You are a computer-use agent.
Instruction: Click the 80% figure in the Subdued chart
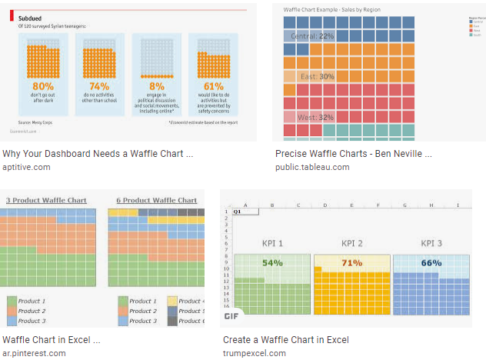43,86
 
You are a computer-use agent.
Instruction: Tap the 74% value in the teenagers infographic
99,86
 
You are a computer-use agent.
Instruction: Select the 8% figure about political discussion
156,86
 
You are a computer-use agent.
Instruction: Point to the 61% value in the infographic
213,86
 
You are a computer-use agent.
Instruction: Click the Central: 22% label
312,36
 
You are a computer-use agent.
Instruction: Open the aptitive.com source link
26,167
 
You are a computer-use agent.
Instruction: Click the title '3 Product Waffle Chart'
45,200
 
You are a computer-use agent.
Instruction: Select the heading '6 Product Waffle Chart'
156,200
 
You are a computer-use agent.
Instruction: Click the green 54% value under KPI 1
272,263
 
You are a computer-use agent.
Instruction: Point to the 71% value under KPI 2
352,263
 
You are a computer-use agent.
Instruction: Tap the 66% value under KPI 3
431,263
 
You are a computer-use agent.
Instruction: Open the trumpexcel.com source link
255,353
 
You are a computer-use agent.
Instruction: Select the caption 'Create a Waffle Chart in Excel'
285,339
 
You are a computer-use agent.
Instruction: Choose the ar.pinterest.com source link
34,353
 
